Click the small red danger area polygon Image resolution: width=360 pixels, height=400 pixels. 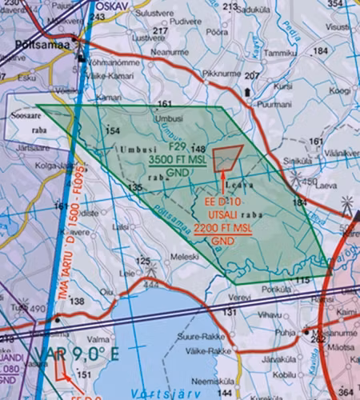[229, 156]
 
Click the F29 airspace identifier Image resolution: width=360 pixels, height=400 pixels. [177, 146]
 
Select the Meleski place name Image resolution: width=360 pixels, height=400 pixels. [185, 256]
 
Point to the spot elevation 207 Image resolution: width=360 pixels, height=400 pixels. [253, 76]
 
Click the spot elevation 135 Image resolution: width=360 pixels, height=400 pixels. [135, 187]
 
